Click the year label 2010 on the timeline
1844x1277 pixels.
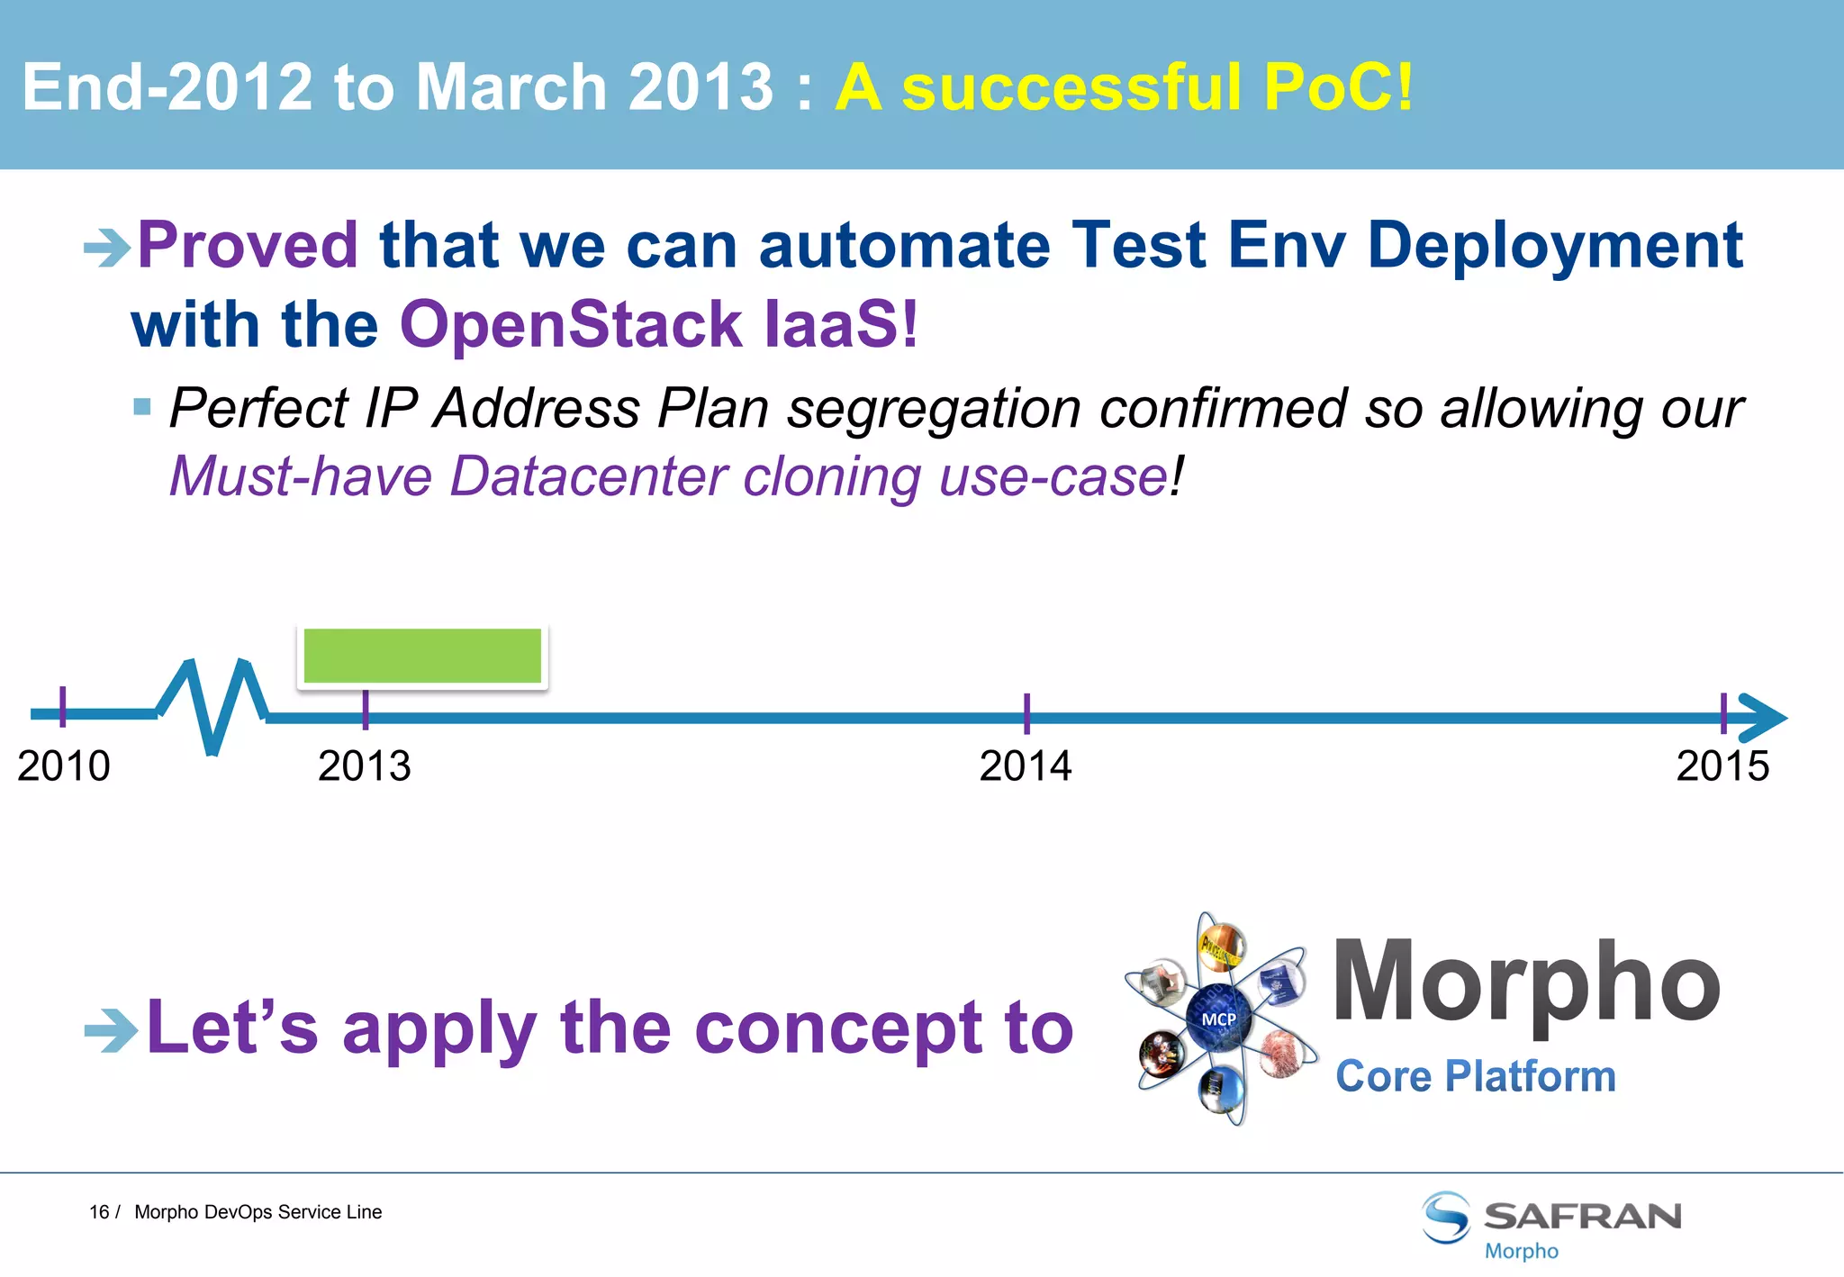click(x=63, y=766)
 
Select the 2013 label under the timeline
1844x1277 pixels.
click(x=364, y=766)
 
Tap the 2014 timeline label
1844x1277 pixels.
click(x=1026, y=766)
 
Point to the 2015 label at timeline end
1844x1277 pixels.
click(x=1722, y=766)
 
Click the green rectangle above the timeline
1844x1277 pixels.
click(x=422, y=656)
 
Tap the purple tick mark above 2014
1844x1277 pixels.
click(x=1026, y=713)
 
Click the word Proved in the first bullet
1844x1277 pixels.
click(x=248, y=245)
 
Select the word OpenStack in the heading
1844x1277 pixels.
click(x=571, y=324)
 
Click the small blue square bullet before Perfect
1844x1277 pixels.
click(x=141, y=407)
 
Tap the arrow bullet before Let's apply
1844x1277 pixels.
click(x=110, y=1030)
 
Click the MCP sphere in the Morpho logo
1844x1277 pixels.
click(x=1219, y=1019)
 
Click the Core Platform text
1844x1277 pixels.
click(x=1476, y=1076)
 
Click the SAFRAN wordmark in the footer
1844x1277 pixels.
click(x=1582, y=1216)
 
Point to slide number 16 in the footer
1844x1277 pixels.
click(x=98, y=1212)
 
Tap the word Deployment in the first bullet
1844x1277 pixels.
click(x=1555, y=245)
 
